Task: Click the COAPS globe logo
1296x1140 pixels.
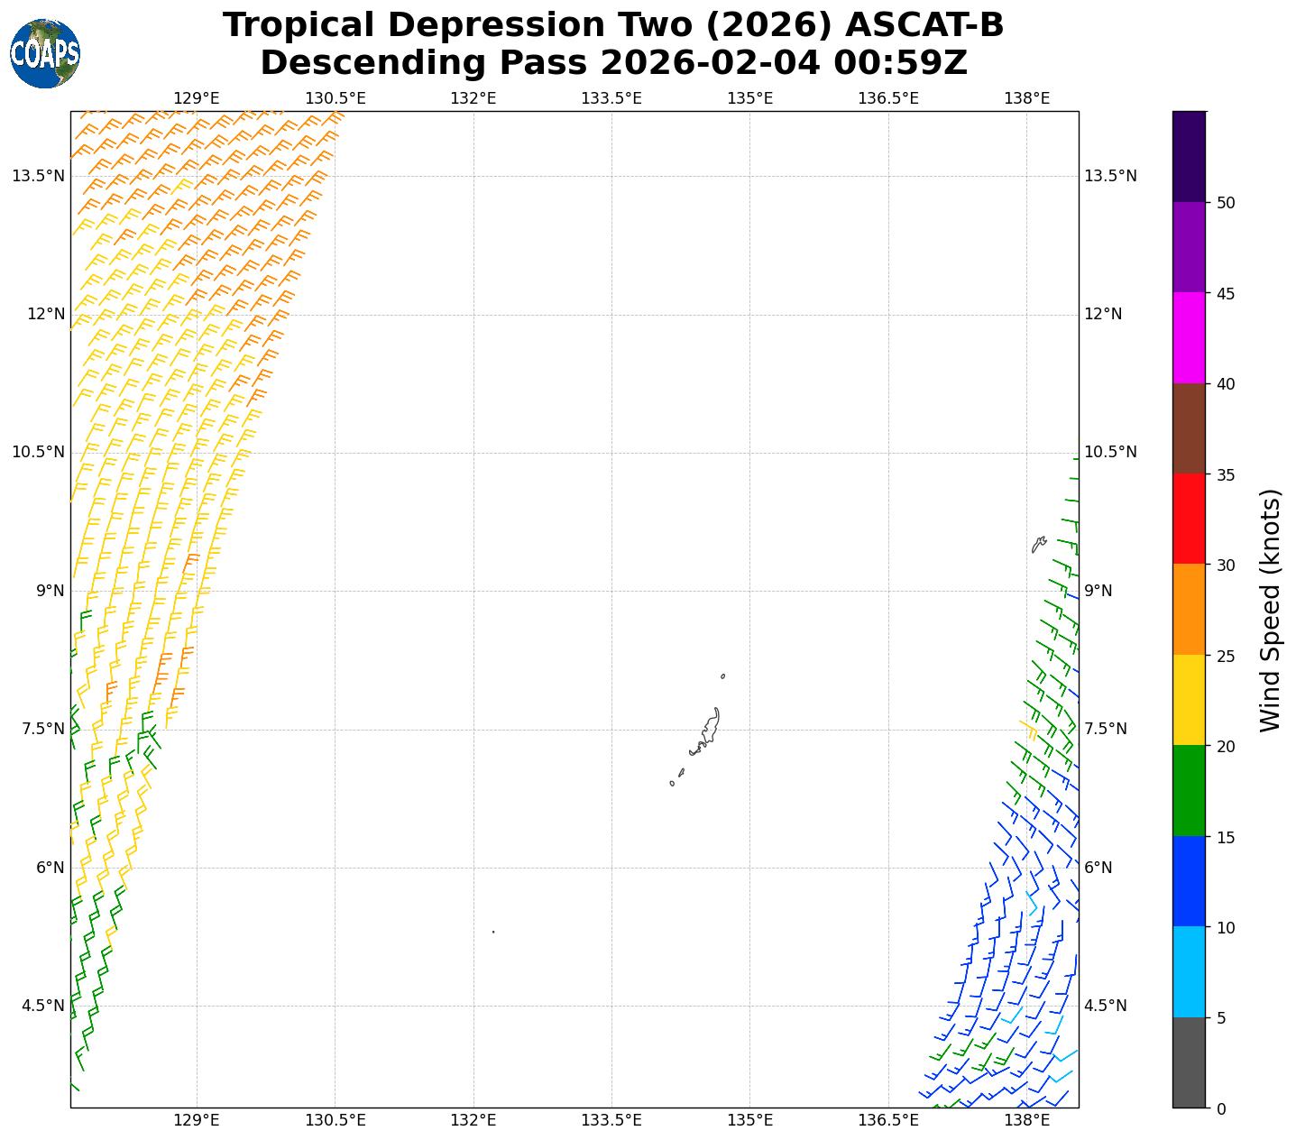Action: click(45, 53)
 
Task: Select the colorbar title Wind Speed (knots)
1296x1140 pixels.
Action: click(1270, 610)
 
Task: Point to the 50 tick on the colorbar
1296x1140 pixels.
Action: click(1225, 203)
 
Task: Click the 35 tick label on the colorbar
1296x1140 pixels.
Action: click(1225, 475)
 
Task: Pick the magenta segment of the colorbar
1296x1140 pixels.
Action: click(1189, 337)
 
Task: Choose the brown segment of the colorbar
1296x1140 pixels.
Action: click(1189, 428)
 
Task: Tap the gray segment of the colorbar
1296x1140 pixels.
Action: click(1189, 1062)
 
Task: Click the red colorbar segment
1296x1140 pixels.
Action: click(1189, 519)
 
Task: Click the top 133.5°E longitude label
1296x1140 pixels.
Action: click(611, 97)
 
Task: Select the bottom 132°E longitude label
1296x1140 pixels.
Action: click(473, 1120)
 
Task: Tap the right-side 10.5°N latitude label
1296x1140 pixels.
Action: click(1110, 452)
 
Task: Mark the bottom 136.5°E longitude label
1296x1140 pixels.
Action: click(887, 1120)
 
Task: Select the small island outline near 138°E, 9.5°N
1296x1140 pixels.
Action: click(1038, 545)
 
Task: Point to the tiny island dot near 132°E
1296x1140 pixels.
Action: click(493, 932)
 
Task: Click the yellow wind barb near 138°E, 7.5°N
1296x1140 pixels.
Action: click(1028, 726)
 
